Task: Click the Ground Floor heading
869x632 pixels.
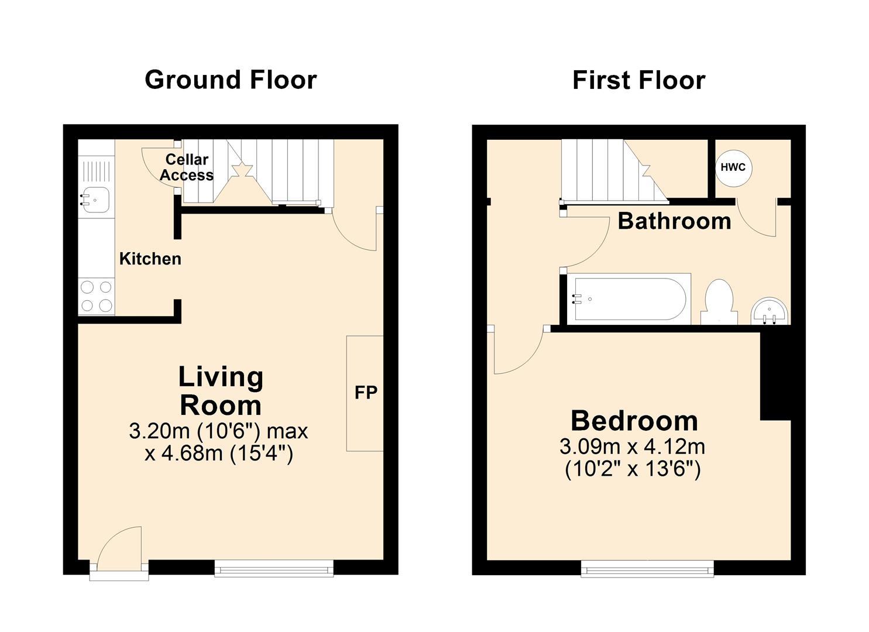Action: tap(231, 80)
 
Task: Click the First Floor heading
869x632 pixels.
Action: tap(638, 80)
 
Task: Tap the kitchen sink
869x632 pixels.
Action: tap(94, 200)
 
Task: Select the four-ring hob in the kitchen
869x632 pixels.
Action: tap(97, 296)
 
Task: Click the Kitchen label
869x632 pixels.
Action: tap(150, 259)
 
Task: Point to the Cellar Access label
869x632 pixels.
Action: tap(187, 167)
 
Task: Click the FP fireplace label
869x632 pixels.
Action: tap(366, 393)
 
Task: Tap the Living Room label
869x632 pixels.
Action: tap(220, 391)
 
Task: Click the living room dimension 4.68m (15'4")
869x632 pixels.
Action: tap(219, 454)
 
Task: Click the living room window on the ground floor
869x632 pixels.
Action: tap(273, 568)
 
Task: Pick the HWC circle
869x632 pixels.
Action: tap(733, 167)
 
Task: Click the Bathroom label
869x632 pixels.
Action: tap(674, 221)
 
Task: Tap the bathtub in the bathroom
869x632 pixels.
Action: tap(629, 298)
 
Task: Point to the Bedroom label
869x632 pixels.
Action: tap(634, 421)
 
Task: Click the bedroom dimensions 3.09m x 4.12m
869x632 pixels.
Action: tap(632, 447)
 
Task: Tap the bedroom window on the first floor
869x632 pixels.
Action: tap(647, 568)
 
